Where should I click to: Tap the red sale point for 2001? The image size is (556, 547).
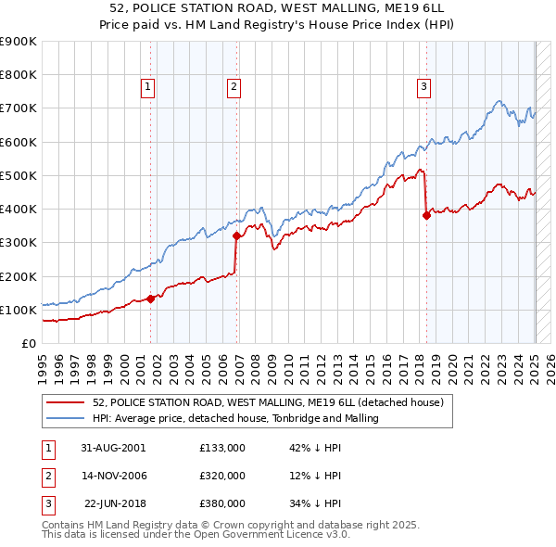pos(150,299)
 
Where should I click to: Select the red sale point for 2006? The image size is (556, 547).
pos(236,235)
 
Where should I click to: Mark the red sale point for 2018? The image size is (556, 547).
pos(426,215)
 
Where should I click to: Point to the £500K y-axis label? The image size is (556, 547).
pos(19,175)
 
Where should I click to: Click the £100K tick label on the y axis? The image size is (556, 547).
pos(19,310)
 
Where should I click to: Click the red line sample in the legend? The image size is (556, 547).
pos(65,403)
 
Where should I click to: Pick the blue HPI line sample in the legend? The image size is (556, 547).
pos(65,418)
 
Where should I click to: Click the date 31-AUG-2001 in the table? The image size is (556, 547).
pos(113,447)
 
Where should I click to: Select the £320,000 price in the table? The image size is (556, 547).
pos(222,476)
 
